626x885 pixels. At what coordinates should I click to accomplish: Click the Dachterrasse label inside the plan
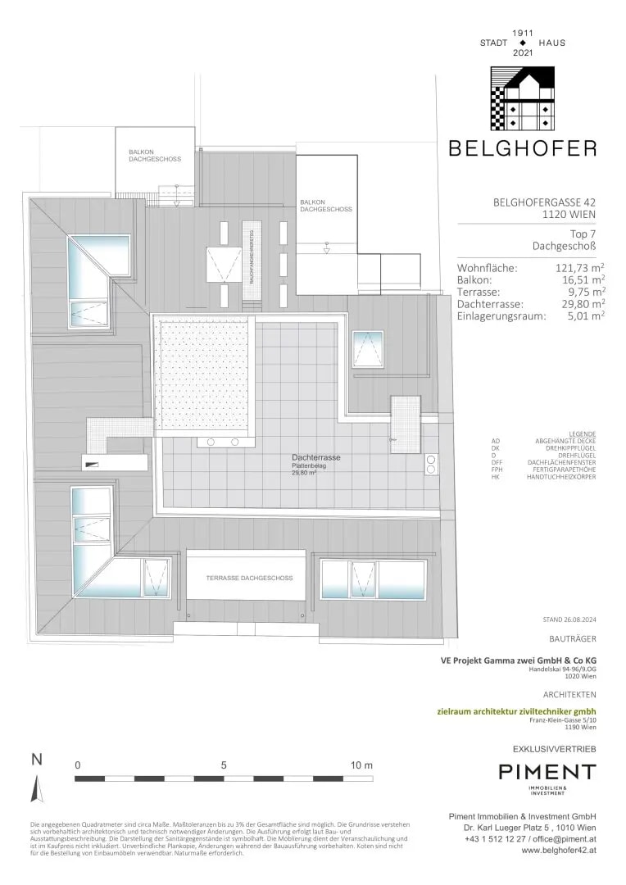316,457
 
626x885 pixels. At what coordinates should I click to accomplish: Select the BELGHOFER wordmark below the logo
522,148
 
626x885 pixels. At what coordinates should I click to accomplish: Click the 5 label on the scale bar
224,765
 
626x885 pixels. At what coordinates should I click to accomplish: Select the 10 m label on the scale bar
361,765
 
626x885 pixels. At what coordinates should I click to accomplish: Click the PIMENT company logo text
547,772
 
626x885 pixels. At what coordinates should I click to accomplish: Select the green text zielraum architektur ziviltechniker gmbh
527,711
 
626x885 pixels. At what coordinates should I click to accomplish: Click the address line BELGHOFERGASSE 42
544,202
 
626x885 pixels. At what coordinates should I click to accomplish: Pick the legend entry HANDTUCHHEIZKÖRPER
561,477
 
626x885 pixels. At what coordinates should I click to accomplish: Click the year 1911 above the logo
523,33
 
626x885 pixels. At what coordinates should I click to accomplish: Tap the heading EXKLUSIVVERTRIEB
554,750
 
